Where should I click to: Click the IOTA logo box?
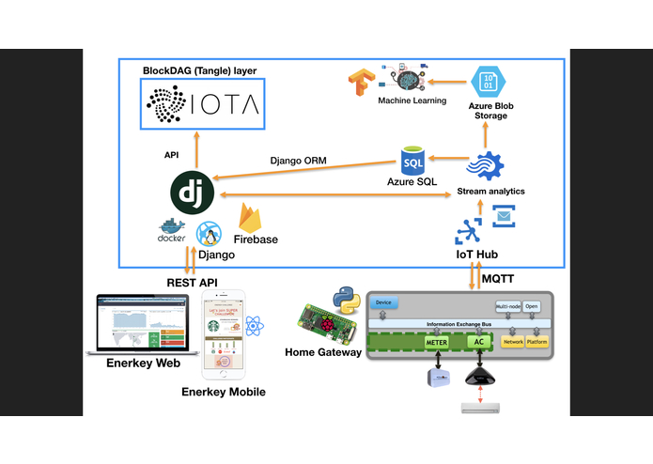pyautogui.click(x=201, y=103)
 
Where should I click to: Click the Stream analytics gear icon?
pyautogui.click(x=485, y=167)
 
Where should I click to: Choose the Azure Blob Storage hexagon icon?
pyautogui.click(x=488, y=81)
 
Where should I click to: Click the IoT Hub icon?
pyautogui.click(x=469, y=232)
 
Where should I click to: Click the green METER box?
pyautogui.click(x=437, y=343)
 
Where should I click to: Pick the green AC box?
pyautogui.click(x=477, y=343)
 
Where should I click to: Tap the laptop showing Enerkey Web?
pyautogui.click(x=140, y=324)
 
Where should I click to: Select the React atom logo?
pyautogui.click(x=254, y=327)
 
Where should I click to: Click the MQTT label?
pyautogui.click(x=499, y=279)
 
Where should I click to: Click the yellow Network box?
pyautogui.click(x=513, y=342)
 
